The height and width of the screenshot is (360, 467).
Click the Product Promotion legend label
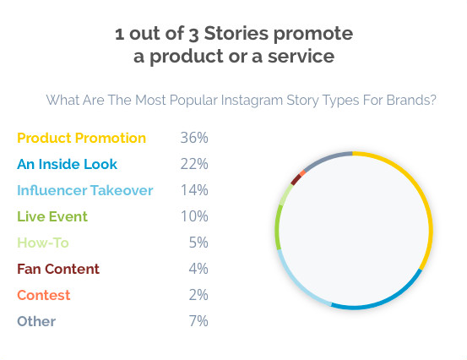81,138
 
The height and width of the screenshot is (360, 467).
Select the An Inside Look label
67,164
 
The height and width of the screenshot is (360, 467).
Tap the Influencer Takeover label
85,190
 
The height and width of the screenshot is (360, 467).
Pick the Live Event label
52,216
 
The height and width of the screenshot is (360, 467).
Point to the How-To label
43,243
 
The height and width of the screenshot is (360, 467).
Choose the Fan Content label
58,269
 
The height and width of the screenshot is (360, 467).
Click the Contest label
43,295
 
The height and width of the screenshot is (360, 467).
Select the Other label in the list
36,321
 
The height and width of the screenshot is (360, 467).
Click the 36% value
194,138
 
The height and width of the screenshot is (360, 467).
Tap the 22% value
194,164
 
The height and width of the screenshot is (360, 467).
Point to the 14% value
194,190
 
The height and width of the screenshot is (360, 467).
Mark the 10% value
194,216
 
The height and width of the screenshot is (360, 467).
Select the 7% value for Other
198,321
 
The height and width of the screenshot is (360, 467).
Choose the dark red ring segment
296,180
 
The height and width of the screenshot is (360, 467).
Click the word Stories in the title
236,33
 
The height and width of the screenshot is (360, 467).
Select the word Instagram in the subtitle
252,100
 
